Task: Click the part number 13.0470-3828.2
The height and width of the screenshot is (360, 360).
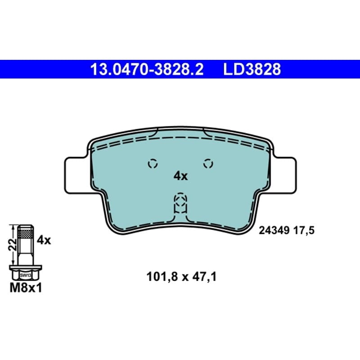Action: pos(147,69)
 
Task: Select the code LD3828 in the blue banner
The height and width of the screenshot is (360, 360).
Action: pos(252,69)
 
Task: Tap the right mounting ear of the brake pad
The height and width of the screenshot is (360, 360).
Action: pos(284,175)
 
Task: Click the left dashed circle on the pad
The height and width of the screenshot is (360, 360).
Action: pos(153,164)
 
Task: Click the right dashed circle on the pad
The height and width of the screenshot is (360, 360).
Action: pos(208,164)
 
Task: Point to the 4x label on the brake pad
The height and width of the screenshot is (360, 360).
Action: pos(180,176)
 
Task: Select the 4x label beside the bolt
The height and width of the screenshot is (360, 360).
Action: pos(44,240)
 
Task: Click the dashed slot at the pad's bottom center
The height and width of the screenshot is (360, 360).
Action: pos(180,203)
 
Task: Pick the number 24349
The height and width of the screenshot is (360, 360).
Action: pos(274,230)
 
